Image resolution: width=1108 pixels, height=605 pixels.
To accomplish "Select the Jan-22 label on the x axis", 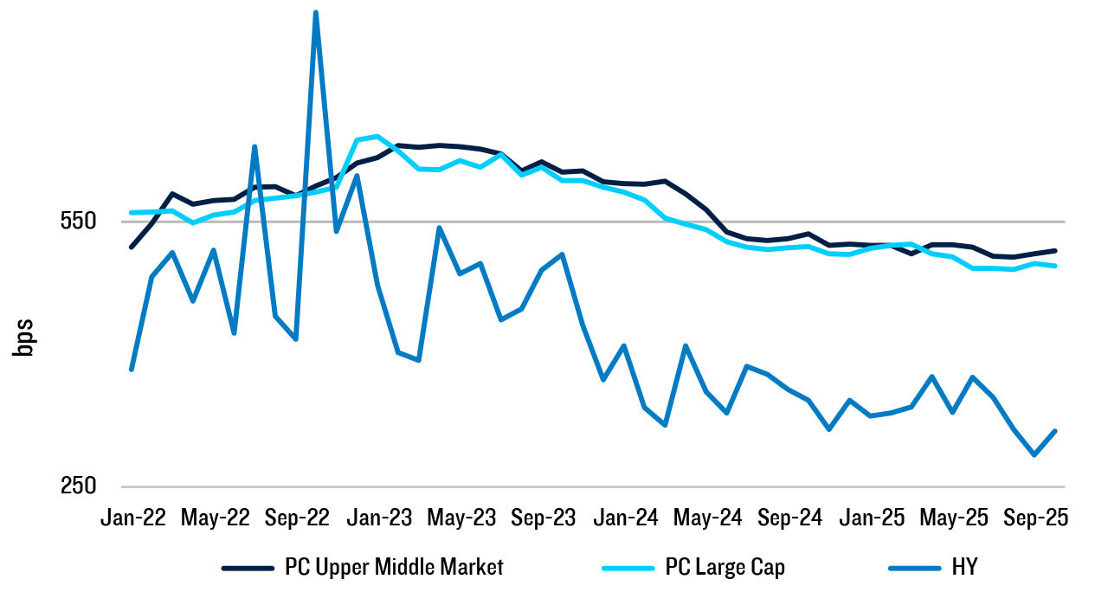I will [132, 518].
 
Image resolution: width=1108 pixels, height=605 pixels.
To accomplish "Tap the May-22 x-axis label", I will [215, 518].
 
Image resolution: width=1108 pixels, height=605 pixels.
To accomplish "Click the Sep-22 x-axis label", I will [297, 518].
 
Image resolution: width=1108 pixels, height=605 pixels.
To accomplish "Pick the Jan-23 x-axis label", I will [379, 518].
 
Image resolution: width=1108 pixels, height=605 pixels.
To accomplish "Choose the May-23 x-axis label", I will [461, 518].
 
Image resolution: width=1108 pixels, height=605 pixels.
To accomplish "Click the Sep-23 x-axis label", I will [544, 518].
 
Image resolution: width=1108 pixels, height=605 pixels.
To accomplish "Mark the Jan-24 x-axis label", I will [626, 518].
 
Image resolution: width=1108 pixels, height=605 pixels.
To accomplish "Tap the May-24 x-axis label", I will [708, 518].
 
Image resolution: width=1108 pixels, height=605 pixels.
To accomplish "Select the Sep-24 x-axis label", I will [790, 518].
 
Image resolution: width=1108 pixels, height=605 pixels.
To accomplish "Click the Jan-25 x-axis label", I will [873, 518].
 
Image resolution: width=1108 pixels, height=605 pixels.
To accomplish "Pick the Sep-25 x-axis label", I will [1036, 518].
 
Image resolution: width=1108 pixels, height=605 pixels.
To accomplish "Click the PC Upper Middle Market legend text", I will [394, 568].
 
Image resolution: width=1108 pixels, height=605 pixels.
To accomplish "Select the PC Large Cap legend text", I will [725, 568].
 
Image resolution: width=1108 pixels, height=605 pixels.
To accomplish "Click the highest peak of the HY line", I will [316, 13].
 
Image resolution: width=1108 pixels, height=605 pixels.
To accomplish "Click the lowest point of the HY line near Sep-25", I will [1034, 454].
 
